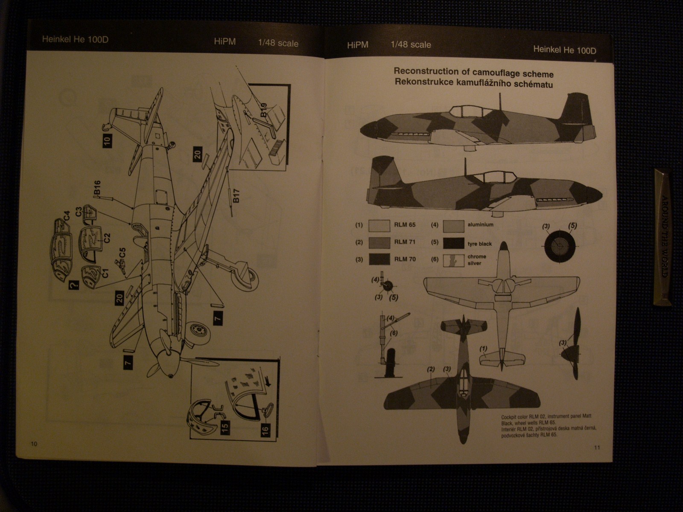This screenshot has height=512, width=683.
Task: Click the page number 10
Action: [x=34, y=444]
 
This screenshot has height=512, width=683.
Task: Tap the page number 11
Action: [x=597, y=448]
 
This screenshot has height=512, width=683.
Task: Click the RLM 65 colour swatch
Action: [x=379, y=226]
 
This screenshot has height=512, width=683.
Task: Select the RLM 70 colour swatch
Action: [x=379, y=259]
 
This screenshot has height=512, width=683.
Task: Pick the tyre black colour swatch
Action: [x=454, y=243]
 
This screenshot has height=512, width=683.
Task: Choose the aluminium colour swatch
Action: [x=454, y=226]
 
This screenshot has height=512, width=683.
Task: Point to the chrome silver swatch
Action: [x=454, y=260]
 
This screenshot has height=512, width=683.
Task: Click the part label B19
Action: [x=263, y=110]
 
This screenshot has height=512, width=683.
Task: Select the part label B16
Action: [x=97, y=189]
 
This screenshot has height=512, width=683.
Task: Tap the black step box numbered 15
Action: [x=225, y=425]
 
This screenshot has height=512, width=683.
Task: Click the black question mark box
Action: [x=73, y=284]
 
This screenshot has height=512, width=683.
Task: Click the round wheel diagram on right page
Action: [x=559, y=247]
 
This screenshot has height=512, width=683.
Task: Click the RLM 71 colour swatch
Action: [x=379, y=242]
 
